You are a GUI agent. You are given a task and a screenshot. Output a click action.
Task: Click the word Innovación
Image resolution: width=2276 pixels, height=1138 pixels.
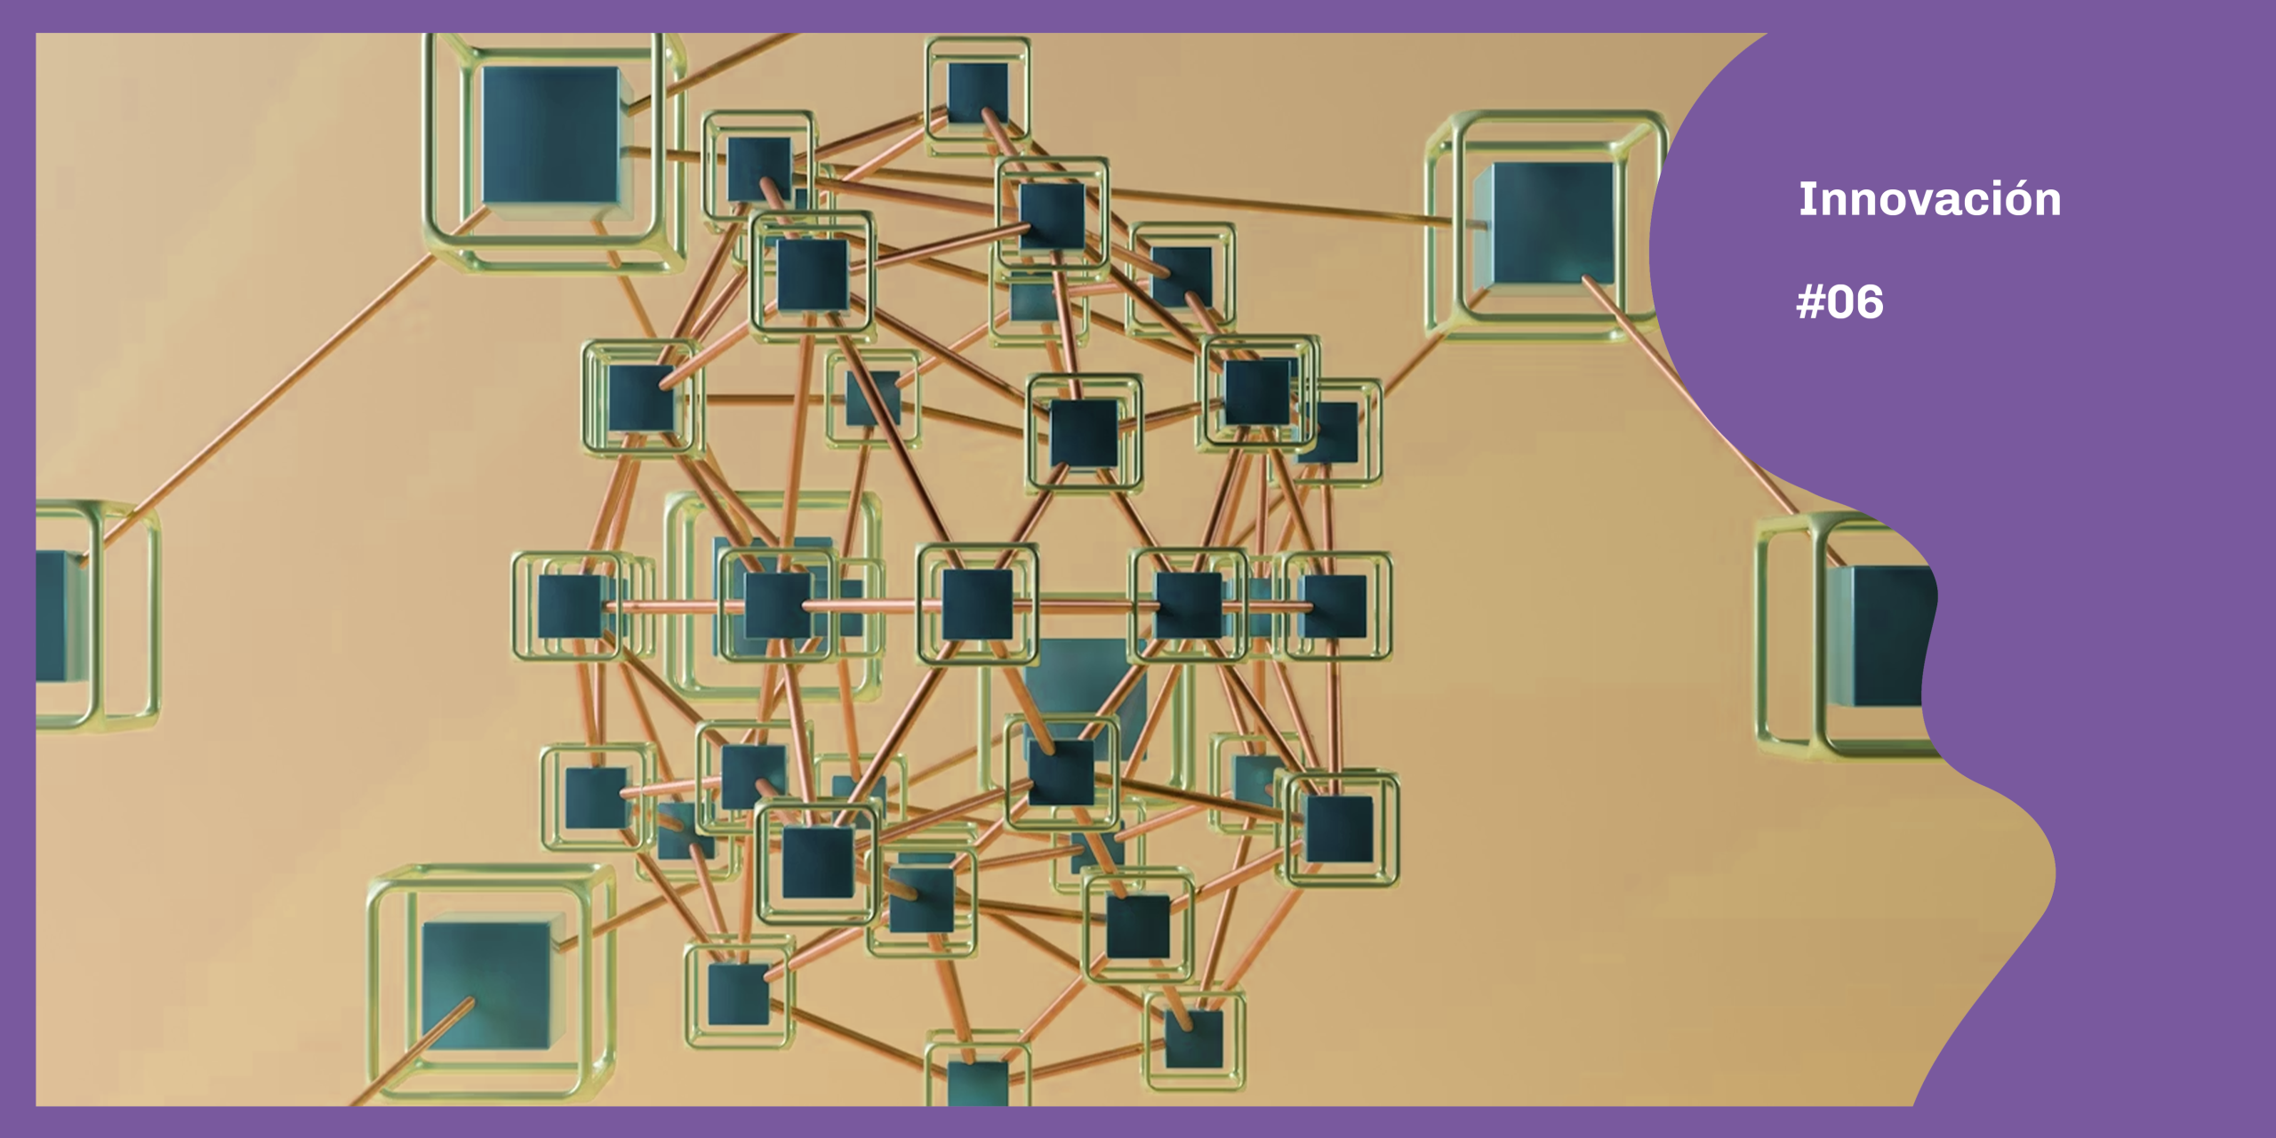point(1929,199)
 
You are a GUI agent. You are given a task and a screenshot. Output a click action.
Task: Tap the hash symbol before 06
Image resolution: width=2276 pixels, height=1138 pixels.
point(1811,302)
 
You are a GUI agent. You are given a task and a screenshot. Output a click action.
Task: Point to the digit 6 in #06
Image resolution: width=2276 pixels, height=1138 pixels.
point(1867,302)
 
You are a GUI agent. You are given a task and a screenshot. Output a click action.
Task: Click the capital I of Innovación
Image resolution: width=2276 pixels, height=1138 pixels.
point(1806,199)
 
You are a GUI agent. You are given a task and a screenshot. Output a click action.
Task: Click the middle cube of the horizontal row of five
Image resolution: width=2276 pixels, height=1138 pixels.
point(977,605)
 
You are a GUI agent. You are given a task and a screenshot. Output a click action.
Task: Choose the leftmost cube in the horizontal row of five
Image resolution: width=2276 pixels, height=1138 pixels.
point(571,606)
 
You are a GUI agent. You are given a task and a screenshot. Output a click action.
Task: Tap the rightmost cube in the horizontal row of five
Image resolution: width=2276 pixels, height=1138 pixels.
point(1333,606)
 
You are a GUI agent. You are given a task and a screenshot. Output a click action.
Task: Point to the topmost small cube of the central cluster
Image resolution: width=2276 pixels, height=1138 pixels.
point(977,92)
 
